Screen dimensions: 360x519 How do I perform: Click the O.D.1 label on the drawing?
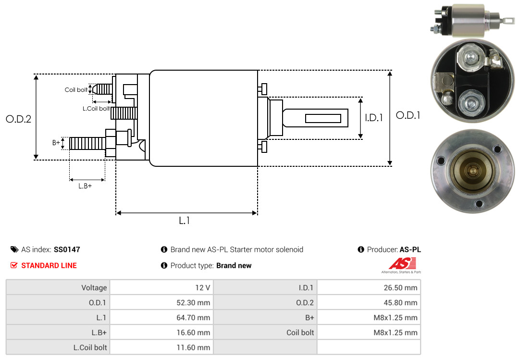click(x=408, y=115)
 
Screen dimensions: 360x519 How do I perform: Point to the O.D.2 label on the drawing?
click(x=18, y=119)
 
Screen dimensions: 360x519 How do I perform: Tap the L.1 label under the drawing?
click(x=185, y=221)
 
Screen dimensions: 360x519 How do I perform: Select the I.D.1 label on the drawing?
click(x=373, y=117)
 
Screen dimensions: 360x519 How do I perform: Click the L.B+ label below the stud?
click(x=85, y=186)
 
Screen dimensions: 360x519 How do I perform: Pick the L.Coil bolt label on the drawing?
click(x=96, y=109)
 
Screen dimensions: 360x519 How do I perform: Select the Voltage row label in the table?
click(x=94, y=288)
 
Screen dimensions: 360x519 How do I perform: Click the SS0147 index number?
click(x=67, y=249)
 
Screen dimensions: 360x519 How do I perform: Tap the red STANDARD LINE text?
click(x=49, y=265)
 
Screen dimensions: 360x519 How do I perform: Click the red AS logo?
click(x=402, y=263)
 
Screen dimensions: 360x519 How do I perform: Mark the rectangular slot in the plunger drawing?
click(x=323, y=118)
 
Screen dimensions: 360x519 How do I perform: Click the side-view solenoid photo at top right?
click(x=471, y=22)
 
